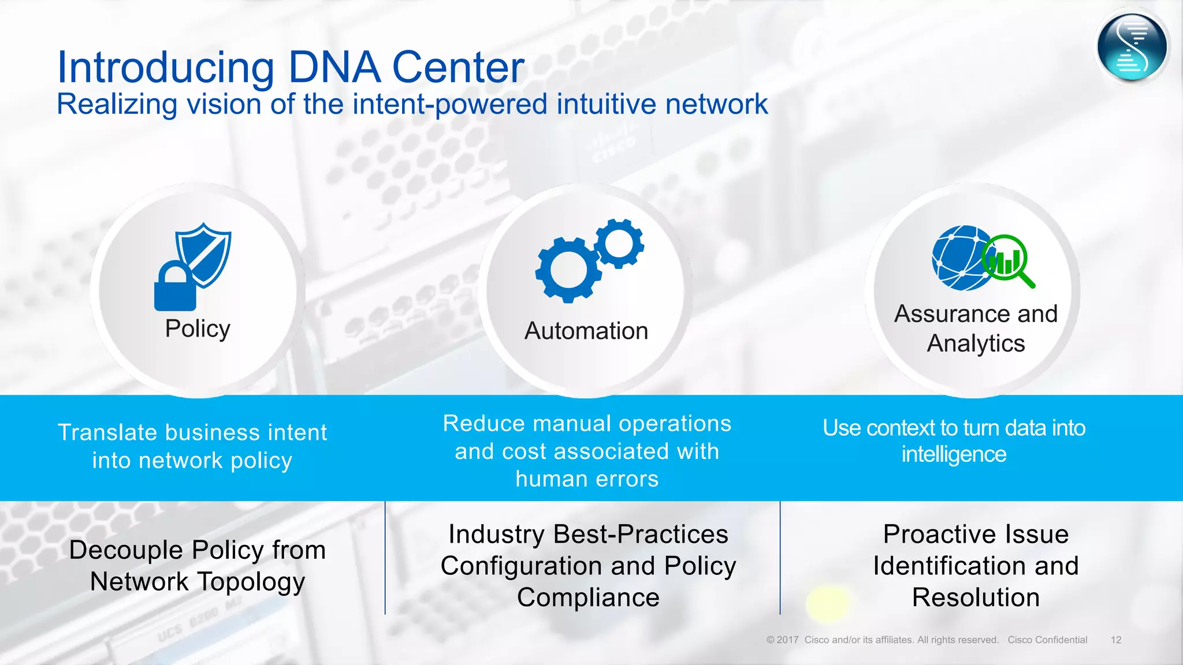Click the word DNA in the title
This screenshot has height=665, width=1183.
[x=334, y=68]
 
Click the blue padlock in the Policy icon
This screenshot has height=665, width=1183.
[x=175, y=288]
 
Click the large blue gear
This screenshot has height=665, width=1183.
[x=568, y=270]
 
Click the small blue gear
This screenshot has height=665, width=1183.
[x=619, y=243]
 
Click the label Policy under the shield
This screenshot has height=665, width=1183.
[x=198, y=329]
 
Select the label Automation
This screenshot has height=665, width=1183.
[x=586, y=331]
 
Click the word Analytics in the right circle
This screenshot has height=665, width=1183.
[x=976, y=344]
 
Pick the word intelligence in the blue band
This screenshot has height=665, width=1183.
[x=954, y=455]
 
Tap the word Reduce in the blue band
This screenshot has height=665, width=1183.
[x=483, y=424]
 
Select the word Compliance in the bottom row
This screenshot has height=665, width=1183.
[x=588, y=597]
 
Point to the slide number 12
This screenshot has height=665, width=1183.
[x=1115, y=640]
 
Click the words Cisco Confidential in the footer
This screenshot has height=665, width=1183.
[x=1047, y=640]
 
